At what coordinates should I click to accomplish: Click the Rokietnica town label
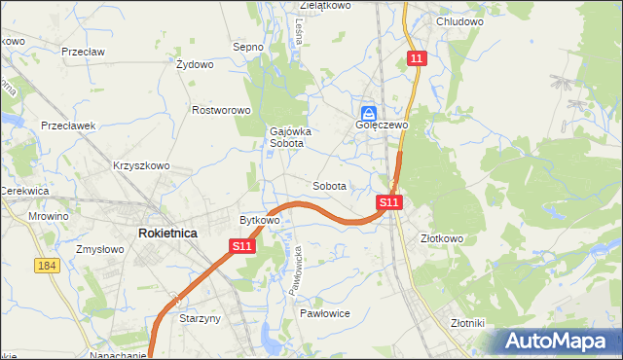click(167, 234)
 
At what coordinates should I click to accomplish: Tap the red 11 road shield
click(417, 59)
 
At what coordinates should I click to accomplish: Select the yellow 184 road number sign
click(46, 267)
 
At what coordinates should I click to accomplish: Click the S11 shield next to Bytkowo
click(243, 248)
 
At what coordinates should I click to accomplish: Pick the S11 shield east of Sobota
click(388, 202)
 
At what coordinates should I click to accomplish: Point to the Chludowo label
click(460, 21)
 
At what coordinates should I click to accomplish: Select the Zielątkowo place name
click(325, 6)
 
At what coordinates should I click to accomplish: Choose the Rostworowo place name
click(222, 111)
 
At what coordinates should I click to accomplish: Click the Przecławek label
click(67, 126)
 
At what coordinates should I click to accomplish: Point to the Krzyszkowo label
click(141, 165)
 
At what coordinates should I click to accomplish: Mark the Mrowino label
click(49, 216)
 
